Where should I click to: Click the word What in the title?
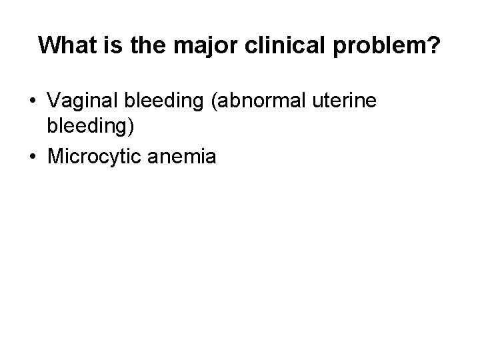point(66,45)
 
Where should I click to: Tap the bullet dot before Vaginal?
point(33,102)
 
